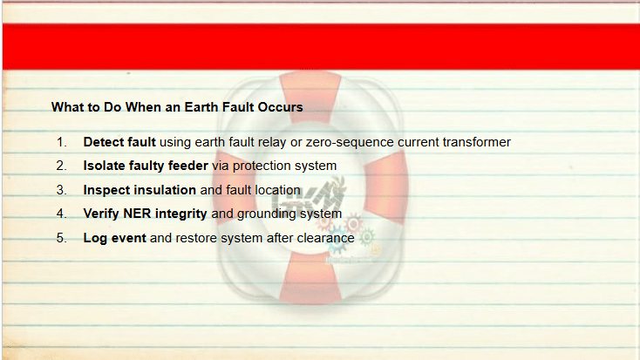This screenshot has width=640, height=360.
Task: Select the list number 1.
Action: pos(61,142)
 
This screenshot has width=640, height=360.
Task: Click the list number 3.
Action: pos(61,190)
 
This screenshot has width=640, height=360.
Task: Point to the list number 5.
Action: pos(61,238)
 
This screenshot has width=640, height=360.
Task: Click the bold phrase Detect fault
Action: pos(119,142)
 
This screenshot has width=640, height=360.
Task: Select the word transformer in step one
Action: pos(477,142)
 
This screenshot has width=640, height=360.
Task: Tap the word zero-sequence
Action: pos(350,142)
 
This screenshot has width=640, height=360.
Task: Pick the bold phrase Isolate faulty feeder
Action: pos(146,166)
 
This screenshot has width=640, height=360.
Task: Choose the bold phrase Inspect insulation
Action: pos(140,190)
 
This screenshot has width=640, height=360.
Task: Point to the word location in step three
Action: pos(277,190)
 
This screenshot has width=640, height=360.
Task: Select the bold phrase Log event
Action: pos(115,238)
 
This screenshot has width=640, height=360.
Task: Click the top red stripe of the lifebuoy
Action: pos(311,96)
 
